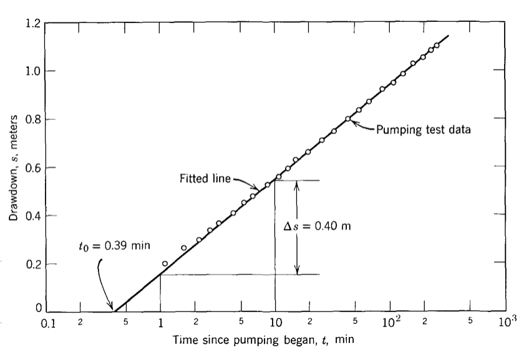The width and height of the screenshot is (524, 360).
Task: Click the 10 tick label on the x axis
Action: tap(275, 323)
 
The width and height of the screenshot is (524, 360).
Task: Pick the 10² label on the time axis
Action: tap(391, 323)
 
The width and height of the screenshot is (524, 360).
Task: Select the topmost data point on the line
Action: tap(437, 45)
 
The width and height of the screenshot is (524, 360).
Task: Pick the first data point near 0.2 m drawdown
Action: tap(165, 263)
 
